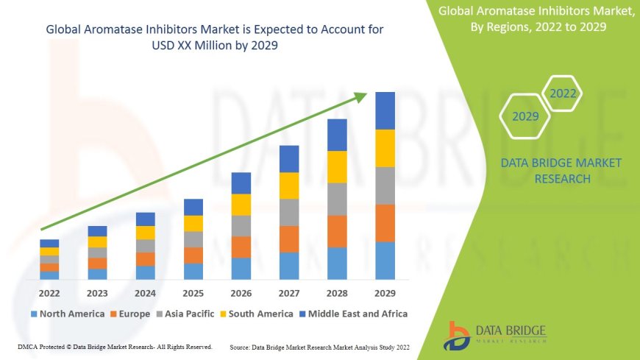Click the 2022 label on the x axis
click(x=49, y=293)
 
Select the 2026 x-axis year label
click(x=241, y=293)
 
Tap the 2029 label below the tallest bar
click(x=385, y=293)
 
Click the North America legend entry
click(x=67, y=314)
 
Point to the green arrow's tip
click(x=366, y=93)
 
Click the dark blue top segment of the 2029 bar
click(x=385, y=110)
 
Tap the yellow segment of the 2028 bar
click(x=337, y=166)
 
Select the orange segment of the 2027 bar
click(x=289, y=239)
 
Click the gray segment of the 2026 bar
click(x=241, y=225)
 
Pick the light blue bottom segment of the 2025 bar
click(x=193, y=272)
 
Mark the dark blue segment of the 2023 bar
click(x=97, y=231)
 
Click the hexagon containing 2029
click(x=525, y=116)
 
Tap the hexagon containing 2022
click(x=563, y=93)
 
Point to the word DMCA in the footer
click(x=26, y=346)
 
